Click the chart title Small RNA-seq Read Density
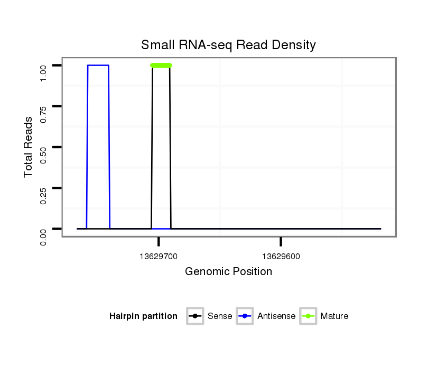(228, 45)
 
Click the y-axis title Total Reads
(29, 147)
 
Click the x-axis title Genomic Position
(228, 272)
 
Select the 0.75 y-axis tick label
(44, 114)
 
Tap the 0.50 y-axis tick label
(44, 154)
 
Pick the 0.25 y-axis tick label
(44, 196)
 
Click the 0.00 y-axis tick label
(44, 236)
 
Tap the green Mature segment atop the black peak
(161, 66)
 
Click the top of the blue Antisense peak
(98, 65)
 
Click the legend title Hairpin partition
(143, 316)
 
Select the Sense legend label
(220, 316)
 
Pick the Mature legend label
(334, 316)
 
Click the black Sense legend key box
(195, 316)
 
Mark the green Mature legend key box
(308, 316)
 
